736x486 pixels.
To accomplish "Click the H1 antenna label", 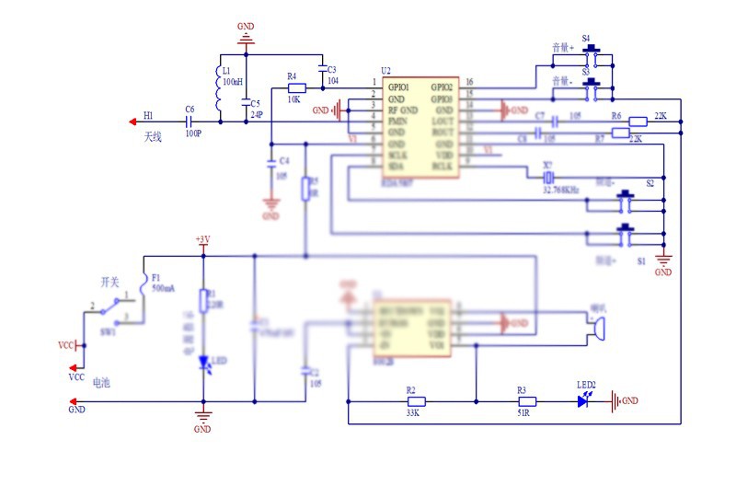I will pyautogui.click(x=148, y=116).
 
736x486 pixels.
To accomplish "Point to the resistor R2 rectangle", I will pyautogui.click(x=417, y=400).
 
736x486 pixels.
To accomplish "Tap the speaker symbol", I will pyautogui.click(x=597, y=327).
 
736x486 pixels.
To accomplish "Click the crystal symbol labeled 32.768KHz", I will pyautogui.click(x=548, y=176).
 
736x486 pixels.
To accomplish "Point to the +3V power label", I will pyautogui.click(x=202, y=240).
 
